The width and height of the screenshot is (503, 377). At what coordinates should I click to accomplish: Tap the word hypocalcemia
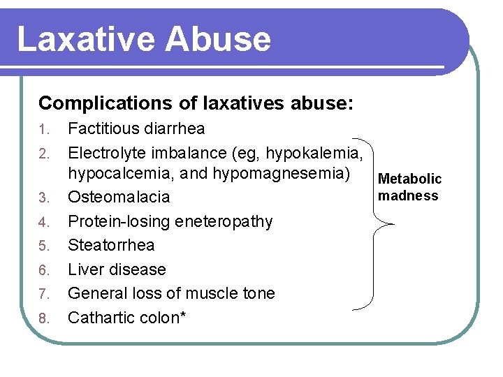[x=116, y=174]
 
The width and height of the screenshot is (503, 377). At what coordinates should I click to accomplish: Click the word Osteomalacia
[x=119, y=197]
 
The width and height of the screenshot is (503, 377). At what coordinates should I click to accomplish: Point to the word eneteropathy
[x=225, y=221]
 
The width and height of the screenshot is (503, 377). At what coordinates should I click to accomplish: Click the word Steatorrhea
[x=111, y=245]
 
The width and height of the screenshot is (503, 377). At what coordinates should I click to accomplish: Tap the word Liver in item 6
[x=84, y=269]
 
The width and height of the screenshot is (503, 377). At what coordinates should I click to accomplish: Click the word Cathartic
[x=100, y=318]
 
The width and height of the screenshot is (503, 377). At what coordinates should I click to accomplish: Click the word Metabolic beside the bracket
[x=410, y=179]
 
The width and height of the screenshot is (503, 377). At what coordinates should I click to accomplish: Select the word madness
[x=408, y=195]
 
